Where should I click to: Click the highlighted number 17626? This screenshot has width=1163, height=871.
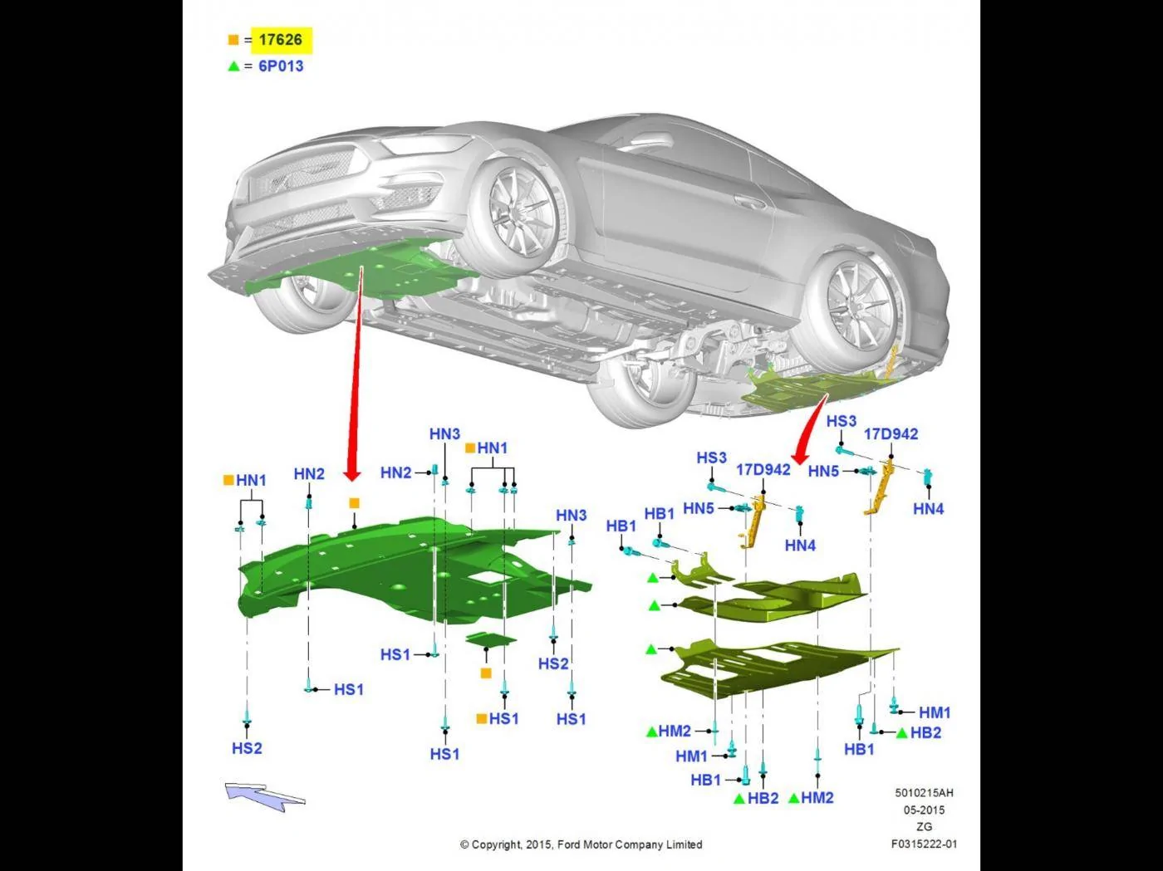(x=280, y=40)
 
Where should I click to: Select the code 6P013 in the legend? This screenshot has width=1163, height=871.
(x=281, y=66)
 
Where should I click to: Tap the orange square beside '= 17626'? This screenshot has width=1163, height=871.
(x=233, y=40)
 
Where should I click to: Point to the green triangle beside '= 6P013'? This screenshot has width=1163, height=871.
(x=233, y=66)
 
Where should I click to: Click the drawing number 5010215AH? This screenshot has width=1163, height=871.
(x=924, y=793)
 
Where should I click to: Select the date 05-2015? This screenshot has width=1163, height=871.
(x=924, y=810)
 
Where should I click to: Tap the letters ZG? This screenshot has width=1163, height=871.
(x=924, y=826)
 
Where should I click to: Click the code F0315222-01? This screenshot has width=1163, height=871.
(x=924, y=844)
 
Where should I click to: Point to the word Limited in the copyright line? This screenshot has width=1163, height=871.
(x=683, y=844)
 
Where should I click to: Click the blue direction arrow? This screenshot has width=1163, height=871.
(x=265, y=795)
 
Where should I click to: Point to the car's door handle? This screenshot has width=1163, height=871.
(x=746, y=201)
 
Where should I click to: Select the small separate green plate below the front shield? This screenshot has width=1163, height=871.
(x=491, y=639)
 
